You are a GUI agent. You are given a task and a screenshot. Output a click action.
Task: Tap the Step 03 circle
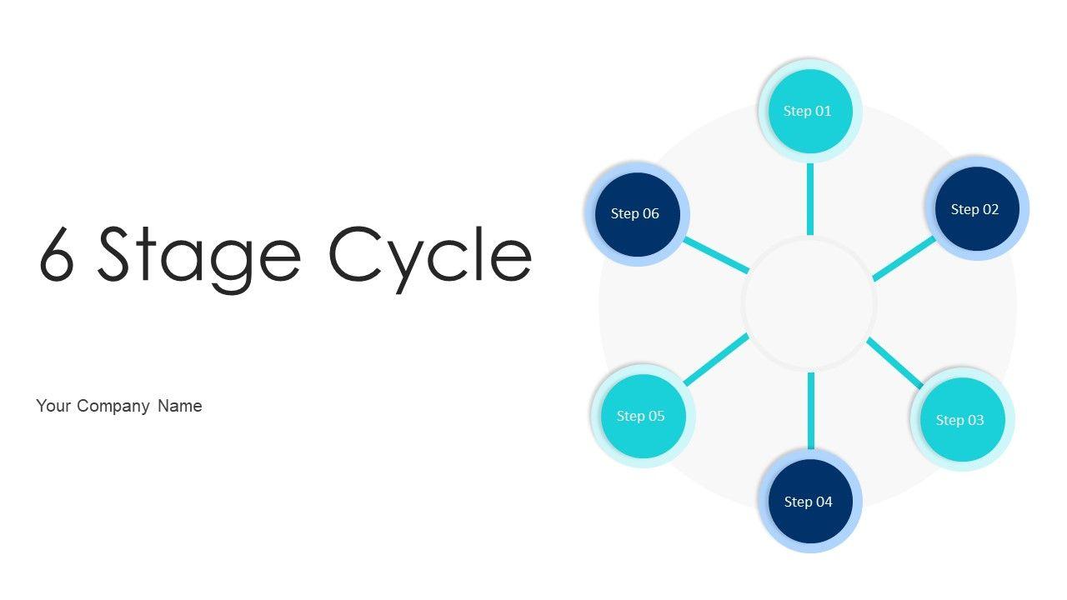pos(962,419)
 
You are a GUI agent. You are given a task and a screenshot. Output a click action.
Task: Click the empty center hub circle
pos(809,304)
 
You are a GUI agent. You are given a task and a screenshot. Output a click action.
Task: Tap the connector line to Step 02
pos(904,258)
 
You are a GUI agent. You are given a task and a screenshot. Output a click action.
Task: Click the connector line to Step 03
pos(894,362)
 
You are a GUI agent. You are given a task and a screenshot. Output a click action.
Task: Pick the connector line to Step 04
pos(810,412)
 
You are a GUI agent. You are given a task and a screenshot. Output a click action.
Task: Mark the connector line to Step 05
pos(715,360)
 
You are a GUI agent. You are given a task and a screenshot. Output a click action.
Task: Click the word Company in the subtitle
pos(113,406)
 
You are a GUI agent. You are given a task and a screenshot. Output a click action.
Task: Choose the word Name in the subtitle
pos(180,406)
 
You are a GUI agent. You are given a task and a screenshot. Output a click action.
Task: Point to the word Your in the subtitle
pos(53,406)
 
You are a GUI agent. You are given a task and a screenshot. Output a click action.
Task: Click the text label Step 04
pos(809,502)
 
